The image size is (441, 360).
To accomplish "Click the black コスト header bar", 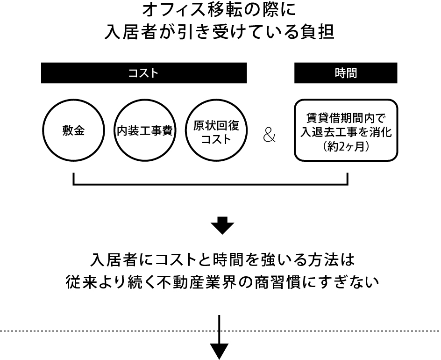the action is pos(144,73).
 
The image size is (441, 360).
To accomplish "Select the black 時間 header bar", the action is pos(346,73).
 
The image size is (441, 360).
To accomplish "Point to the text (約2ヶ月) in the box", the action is pos(346,146).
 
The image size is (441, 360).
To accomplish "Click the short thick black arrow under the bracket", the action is pos(222,225).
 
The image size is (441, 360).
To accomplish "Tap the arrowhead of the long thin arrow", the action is pos(219,352).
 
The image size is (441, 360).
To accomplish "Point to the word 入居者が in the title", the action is pos(134,32).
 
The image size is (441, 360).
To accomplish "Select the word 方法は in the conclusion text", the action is pos(333,260).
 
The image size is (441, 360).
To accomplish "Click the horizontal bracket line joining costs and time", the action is pos(210,184).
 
